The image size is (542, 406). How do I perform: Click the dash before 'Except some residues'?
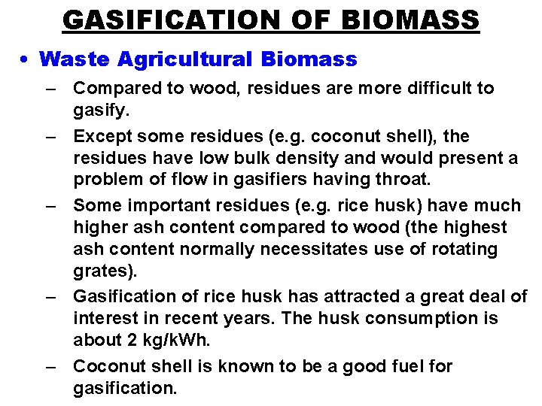(51, 137)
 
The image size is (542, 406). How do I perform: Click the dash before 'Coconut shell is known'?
(51, 367)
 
